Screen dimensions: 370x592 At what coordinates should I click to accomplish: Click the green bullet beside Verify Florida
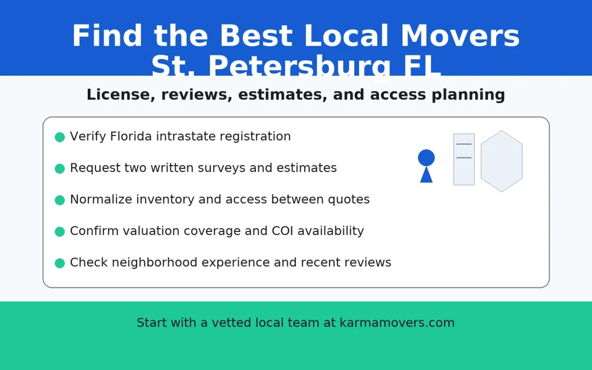[x=60, y=137]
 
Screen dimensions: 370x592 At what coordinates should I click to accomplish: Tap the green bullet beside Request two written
[x=60, y=168]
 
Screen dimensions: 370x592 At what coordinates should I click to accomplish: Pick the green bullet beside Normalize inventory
[x=60, y=200]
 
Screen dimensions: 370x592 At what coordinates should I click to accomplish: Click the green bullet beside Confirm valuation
[x=60, y=231]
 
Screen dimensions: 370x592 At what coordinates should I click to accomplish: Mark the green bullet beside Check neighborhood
[x=60, y=263]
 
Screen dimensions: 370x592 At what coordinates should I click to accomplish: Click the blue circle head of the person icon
[x=426, y=158]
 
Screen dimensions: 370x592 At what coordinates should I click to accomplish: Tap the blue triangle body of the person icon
[x=426, y=175]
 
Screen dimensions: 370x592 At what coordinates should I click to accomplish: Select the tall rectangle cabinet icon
[x=464, y=160]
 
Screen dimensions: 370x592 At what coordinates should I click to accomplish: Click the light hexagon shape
[x=502, y=161]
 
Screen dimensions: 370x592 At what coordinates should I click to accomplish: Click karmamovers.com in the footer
[x=397, y=323]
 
